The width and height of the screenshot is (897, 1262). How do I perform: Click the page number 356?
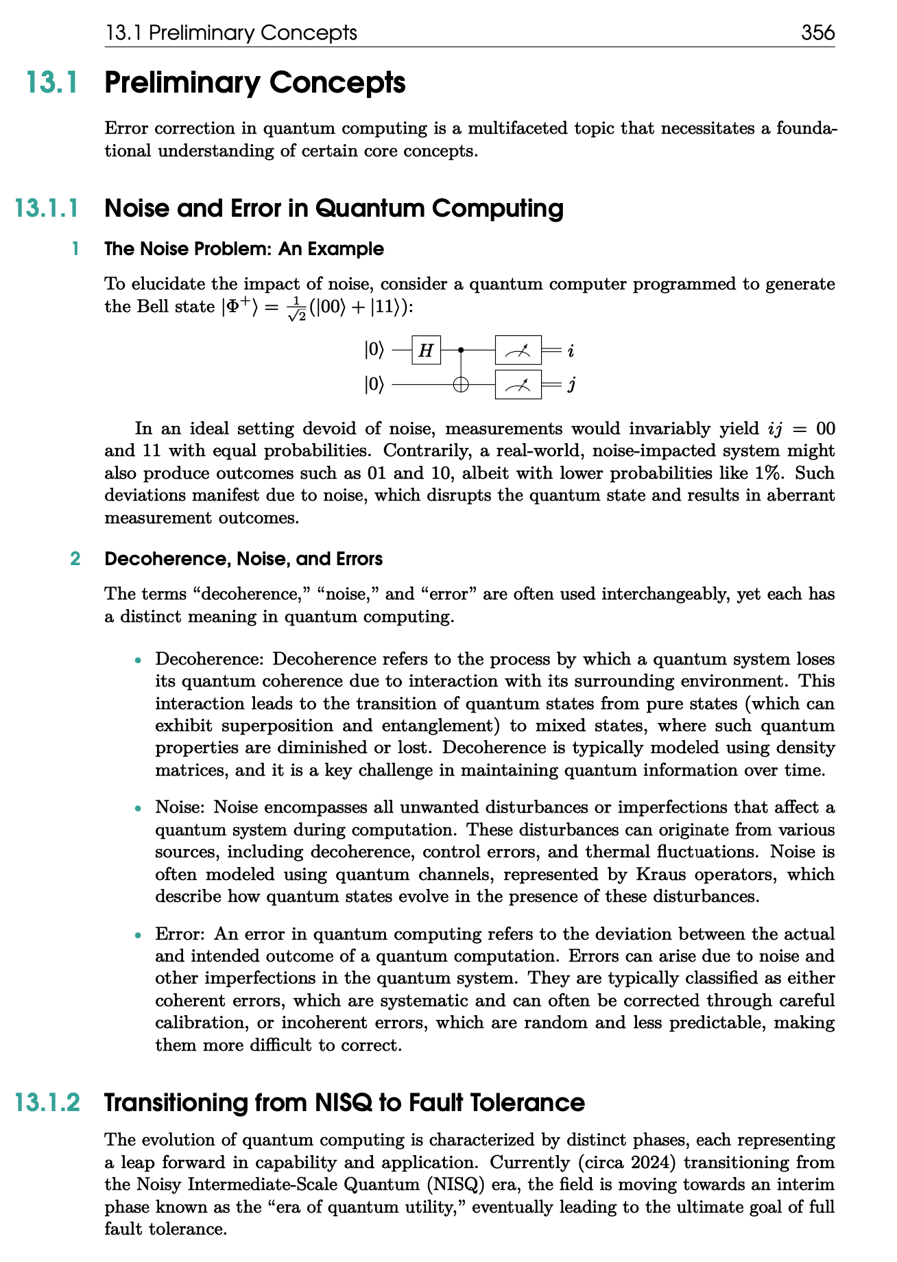coord(817,32)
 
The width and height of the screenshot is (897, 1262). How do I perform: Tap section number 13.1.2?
coord(47,1103)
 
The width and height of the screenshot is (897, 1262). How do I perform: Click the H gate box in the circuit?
coord(426,350)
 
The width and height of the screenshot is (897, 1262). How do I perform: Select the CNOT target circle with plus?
coord(461,385)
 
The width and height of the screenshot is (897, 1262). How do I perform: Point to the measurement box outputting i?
coord(518,350)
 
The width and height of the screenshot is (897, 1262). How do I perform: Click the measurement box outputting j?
coord(518,385)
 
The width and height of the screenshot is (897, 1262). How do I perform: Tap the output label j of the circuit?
coord(571,385)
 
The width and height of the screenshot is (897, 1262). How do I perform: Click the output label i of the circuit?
coord(571,351)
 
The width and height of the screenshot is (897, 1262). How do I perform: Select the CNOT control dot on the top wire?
coord(461,350)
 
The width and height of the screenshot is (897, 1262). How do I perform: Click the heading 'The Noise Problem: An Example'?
coord(243,249)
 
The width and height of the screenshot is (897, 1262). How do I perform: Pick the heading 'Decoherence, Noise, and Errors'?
coord(243,559)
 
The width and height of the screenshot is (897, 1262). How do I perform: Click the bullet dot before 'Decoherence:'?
coord(139,660)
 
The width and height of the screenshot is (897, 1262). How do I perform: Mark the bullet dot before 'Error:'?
coord(139,935)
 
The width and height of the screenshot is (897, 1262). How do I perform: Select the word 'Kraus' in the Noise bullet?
coord(658,874)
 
